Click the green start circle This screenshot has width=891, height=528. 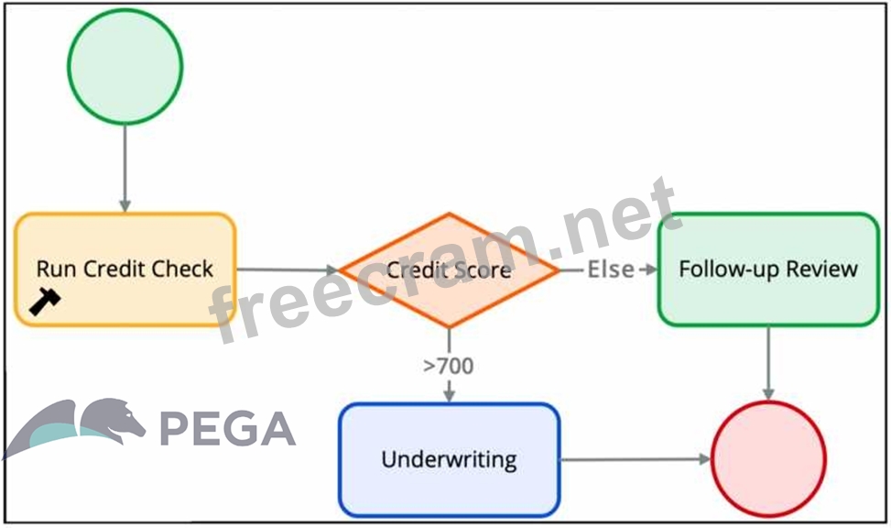pos(125,65)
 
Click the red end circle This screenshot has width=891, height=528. pos(768,458)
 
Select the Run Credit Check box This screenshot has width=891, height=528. pos(125,269)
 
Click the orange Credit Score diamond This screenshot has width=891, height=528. pos(449,269)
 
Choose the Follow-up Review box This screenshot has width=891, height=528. pos(768,269)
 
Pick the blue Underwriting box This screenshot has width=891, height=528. pos(449,459)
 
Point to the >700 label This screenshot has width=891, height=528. pos(449,366)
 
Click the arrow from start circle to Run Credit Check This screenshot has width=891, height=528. pos(125,170)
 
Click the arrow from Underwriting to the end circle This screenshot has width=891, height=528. pos(636,459)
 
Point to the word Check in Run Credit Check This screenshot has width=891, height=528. pos(182,269)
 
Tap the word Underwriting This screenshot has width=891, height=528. pos(449,459)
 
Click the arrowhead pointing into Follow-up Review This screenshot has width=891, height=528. pos(651,269)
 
